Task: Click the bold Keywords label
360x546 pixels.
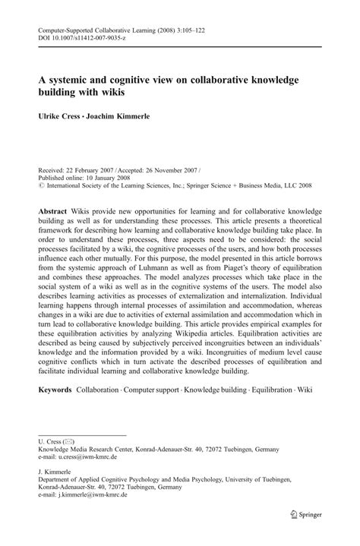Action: click(55, 390)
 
